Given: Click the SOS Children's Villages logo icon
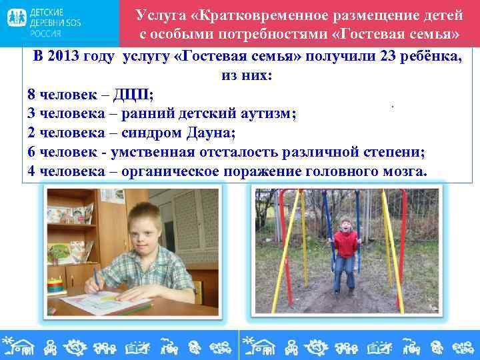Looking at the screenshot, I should click(x=17, y=19).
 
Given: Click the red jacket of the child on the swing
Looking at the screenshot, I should click(x=345, y=245).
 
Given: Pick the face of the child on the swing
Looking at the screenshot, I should click(x=345, y=226).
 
